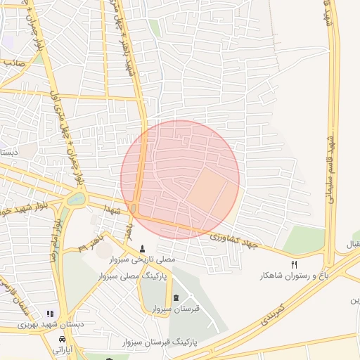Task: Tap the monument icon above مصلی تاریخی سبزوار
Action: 143,248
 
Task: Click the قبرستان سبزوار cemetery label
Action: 175,308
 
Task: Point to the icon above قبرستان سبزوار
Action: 176,297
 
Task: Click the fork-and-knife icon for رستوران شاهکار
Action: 295,264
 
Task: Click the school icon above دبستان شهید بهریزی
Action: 49,314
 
